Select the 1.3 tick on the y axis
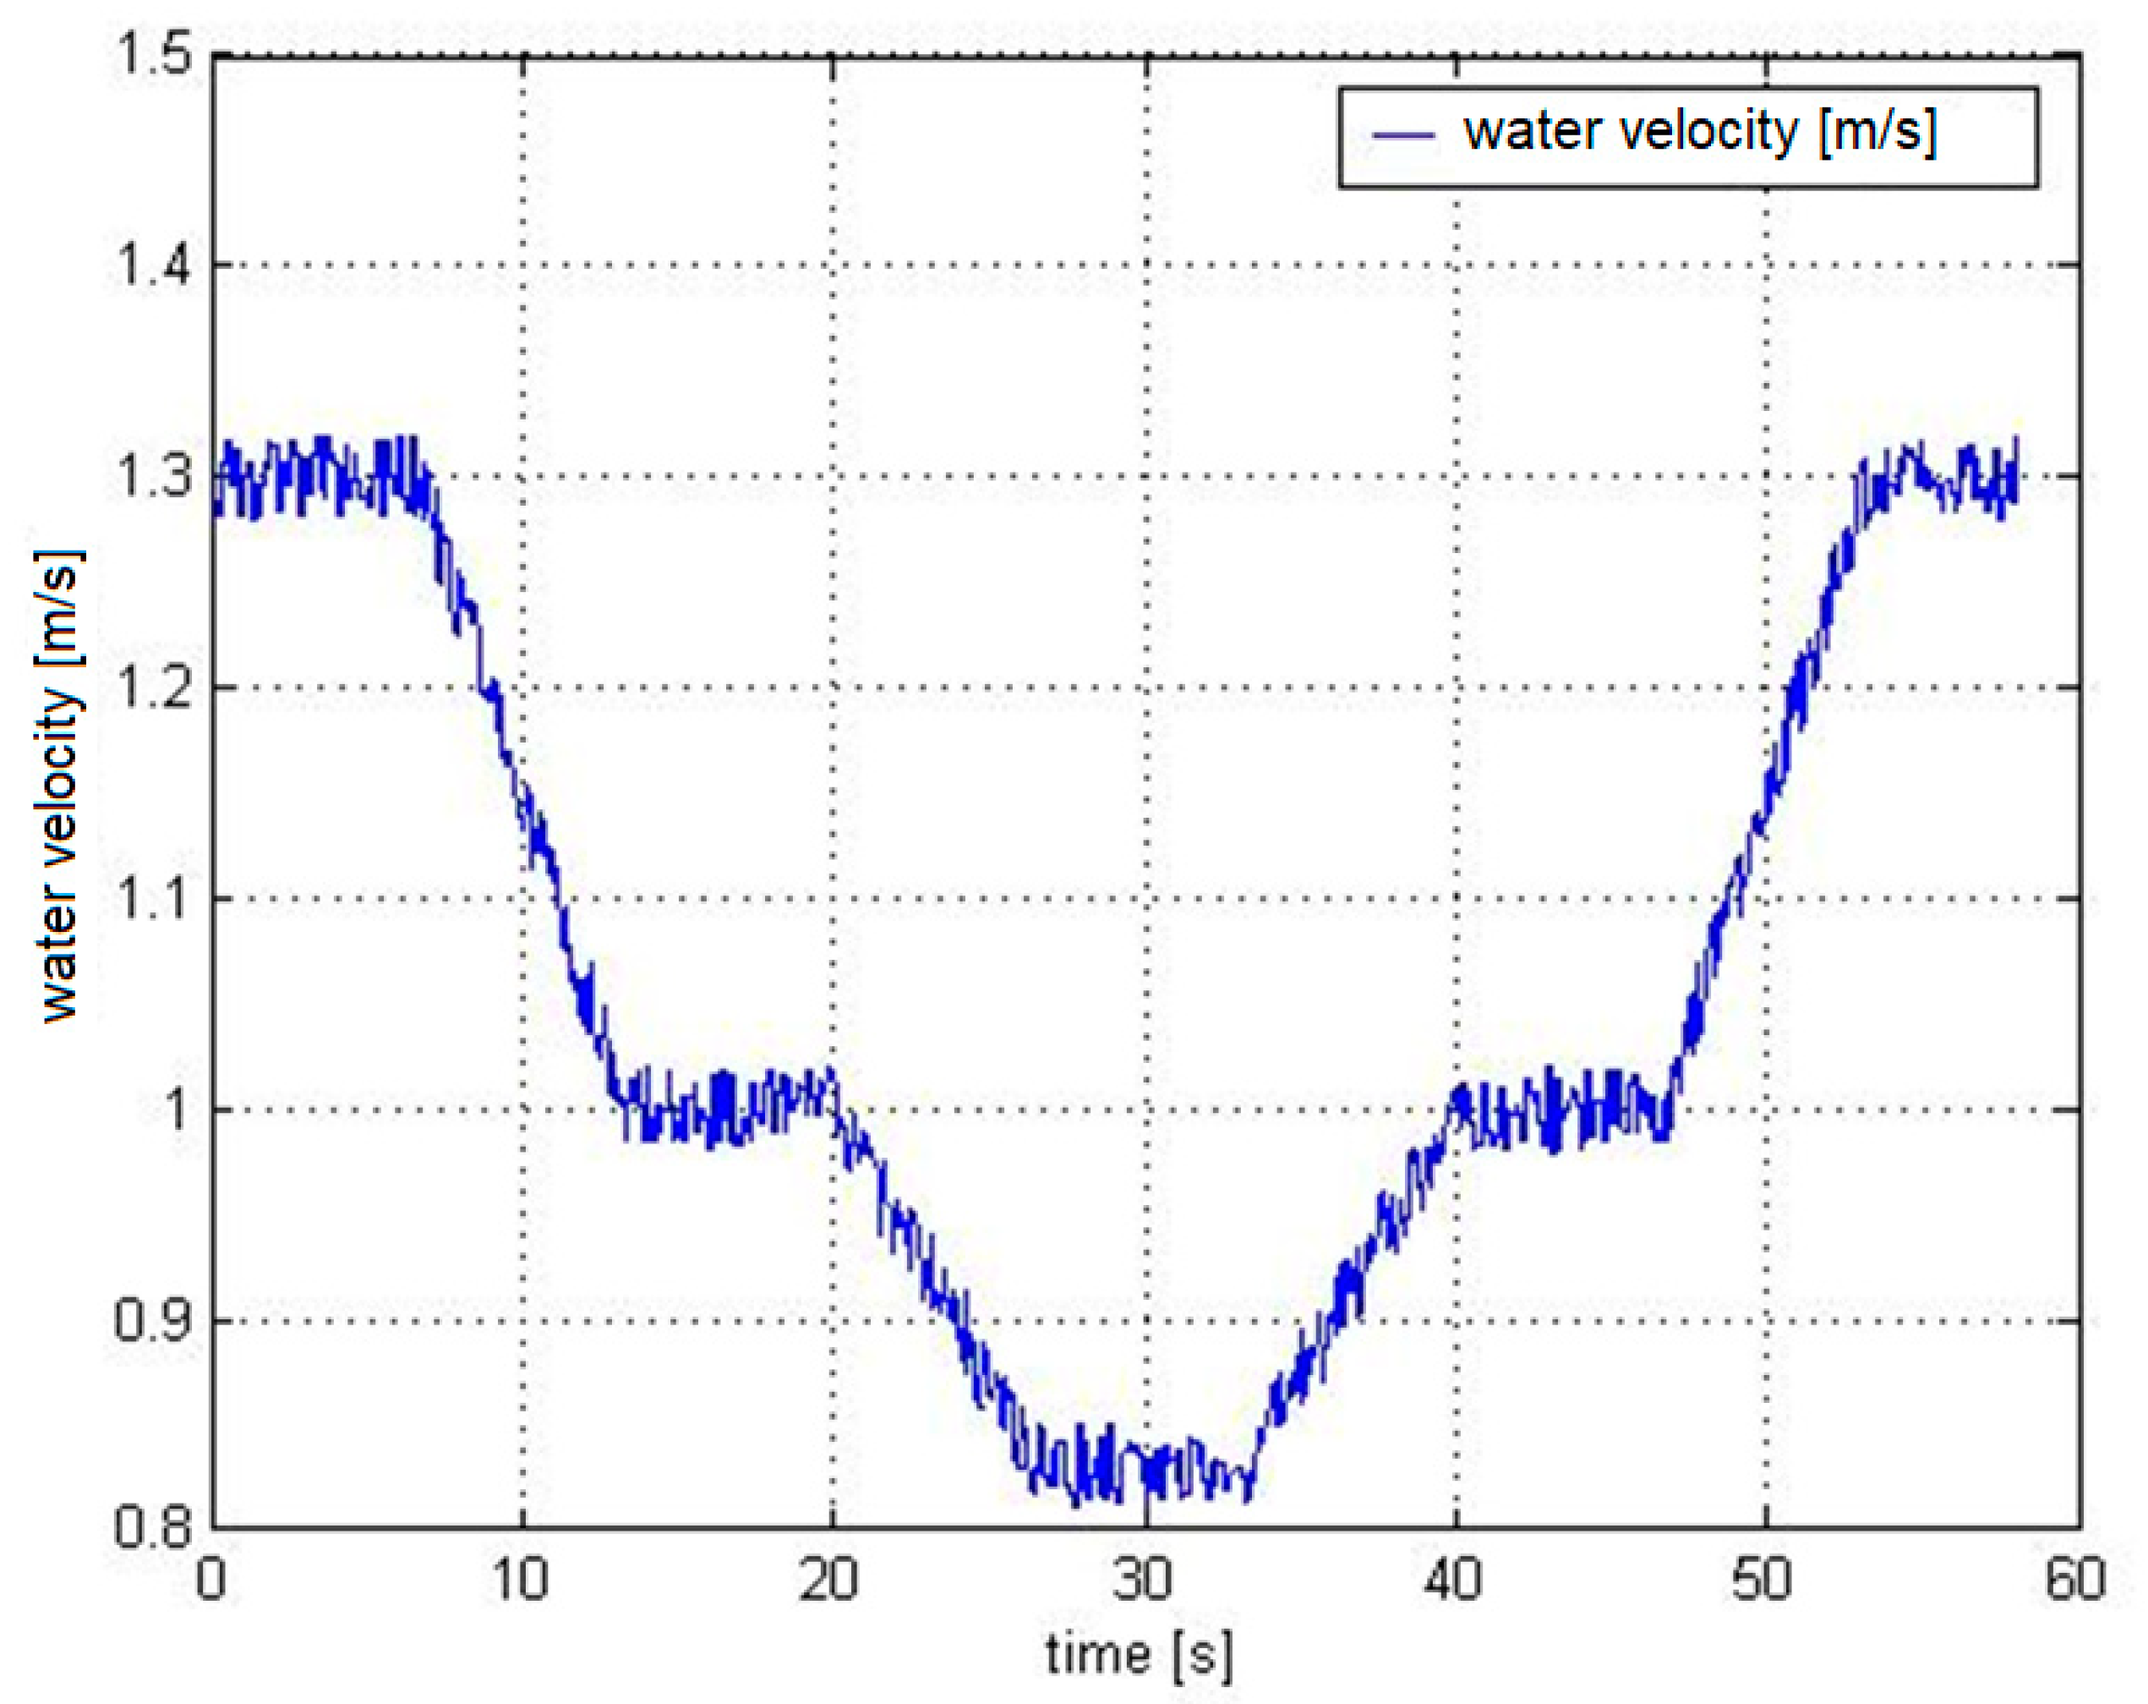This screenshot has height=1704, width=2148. (x=151, y=477)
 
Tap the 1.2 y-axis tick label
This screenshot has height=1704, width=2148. (x=151, y=688)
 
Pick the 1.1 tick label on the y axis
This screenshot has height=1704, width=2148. (x=151, y=900)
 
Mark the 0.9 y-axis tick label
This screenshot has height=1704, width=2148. (x=151, y=1323)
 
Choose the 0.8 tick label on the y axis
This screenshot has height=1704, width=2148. (x=151, y=1530)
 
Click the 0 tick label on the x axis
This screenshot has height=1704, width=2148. (x=211, y=1581)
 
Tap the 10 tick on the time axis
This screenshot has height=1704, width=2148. (x=520, y=1581)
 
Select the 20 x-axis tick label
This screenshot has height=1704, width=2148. (x=831, y=1581)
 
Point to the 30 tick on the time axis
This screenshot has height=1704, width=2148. (x=1144, y=1581)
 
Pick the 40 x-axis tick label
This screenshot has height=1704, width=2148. (x=1455, y=1581)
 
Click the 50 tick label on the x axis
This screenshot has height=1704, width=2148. (x=1763, y=1581)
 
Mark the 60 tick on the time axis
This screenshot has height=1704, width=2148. (x=2074, y=1581)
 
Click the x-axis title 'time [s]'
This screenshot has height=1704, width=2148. (x=1140, y=1655)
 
